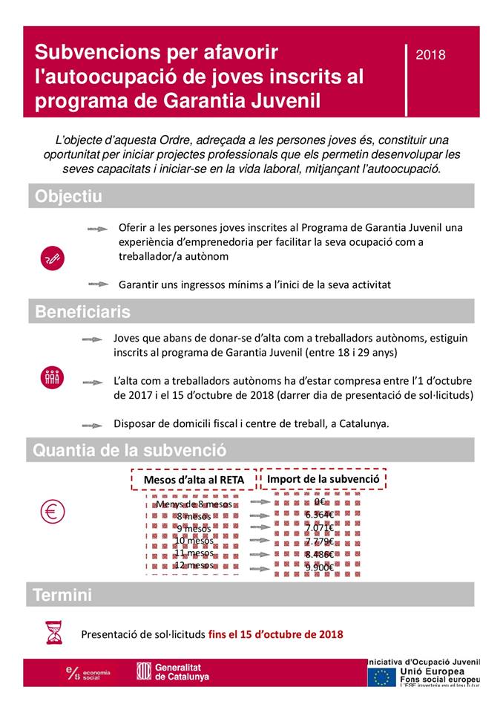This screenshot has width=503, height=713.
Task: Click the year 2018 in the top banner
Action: pyautogui.click(x=431, y=54)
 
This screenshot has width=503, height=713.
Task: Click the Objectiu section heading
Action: pyautogui.click(x=69, y=197)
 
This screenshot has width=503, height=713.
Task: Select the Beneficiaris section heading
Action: pyautogui.click(x=82, y=312)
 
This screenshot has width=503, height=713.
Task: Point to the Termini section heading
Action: pyautogui.click(x=63, y=595)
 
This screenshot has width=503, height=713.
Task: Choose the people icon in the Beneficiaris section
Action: pyautogui.click(x=53, y=377)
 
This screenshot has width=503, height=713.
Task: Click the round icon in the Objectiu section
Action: pyautogui.click(x=53, y=258)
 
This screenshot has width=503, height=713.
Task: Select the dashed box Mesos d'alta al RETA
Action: pyautogui.click(x=194, y=481)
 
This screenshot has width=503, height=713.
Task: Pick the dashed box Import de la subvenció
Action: pyautogui.click(x=323, y=479)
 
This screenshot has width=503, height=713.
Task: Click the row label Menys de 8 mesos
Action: pyautogui.click(x=195, y=504)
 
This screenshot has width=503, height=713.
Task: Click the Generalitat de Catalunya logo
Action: pyautogui.click(x=173, y=672)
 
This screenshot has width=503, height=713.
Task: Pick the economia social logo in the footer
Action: pyautogui.click(x=88, y=673)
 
